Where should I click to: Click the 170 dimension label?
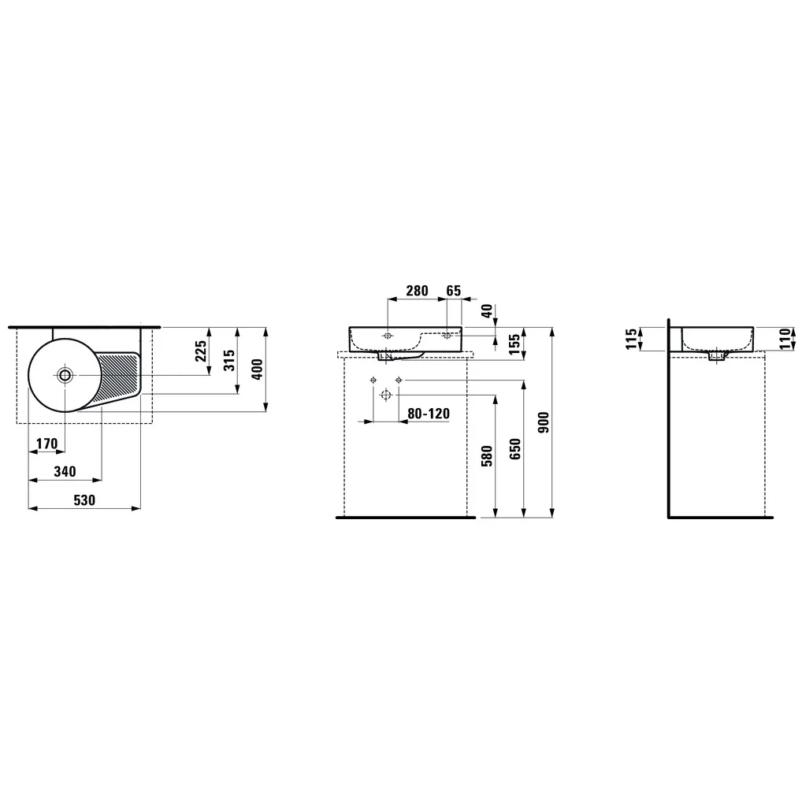point(47,444)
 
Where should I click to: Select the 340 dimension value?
point(65,472)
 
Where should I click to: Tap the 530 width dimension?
point(84,499)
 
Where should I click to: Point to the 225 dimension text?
point(201,351)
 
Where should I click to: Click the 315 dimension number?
point(229,361)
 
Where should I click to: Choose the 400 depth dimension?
point(258,369)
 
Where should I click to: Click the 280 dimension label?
point(417,291)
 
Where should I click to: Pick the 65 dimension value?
point(454,291)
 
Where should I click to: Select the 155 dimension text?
point(514,343)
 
